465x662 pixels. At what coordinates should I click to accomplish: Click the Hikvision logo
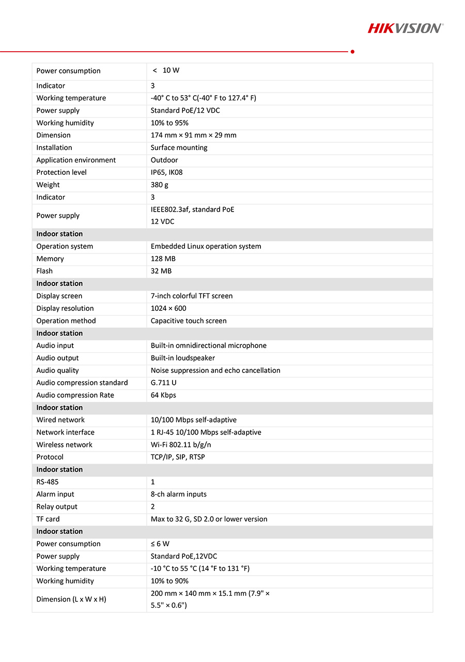(405, 28)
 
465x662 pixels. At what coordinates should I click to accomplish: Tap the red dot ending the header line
(352, 52)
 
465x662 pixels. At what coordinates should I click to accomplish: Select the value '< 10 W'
(166, 70)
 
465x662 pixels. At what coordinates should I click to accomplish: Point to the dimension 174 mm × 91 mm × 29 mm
(193, 135)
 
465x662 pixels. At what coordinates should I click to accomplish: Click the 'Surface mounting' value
(179, 147)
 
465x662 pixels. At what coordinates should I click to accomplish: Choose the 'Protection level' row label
(61, 172)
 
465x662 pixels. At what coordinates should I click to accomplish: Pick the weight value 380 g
(159, 185)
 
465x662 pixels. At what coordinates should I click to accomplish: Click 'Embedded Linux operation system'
(206, 246)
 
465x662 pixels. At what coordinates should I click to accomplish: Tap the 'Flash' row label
(44, 271)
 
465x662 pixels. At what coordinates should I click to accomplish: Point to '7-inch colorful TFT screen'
(191, 296)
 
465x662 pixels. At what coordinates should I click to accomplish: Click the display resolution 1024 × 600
(168, 308)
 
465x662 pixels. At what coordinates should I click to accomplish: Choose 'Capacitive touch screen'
(189, 321)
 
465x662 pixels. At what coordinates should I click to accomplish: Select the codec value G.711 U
(163, 383)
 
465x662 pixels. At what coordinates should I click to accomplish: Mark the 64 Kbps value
(163, 395)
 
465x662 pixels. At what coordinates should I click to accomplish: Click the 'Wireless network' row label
(65, 445)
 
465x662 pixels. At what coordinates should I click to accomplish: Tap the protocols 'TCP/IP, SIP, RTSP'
(178, 457)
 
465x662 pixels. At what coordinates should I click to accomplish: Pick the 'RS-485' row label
(48, 482)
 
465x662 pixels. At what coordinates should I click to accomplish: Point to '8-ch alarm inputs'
(178, 494)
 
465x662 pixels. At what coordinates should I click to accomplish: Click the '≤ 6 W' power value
(160, 544)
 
